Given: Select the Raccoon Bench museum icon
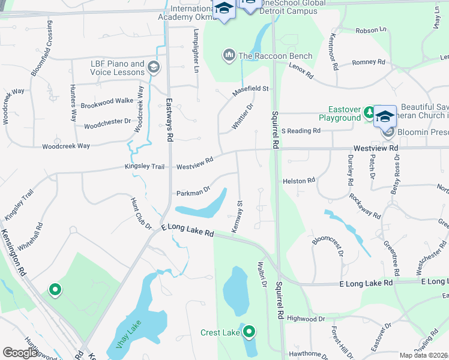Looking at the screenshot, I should pyautogui.click(x=229, y=56).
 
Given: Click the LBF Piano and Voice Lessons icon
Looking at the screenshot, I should pyautogui.click(x=154, y=67).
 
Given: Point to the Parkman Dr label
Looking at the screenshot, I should pyautogui.click(x=193, y=193).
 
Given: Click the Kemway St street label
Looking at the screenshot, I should pyautogui.click(x=237, y=217).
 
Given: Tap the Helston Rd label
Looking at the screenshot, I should pyautogui.click(x=298, y=180).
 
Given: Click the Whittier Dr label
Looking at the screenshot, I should pyautogui.click(x=243, y=115).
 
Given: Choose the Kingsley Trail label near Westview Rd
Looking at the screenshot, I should pyautogui.click(x=144, y=166).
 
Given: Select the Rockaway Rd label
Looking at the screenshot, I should pyautogui.click(x=365, y=206).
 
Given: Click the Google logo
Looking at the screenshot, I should pyautogui.click(x=20, y=353).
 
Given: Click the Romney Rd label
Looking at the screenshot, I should pyautogui.click(x=369, y=62).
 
